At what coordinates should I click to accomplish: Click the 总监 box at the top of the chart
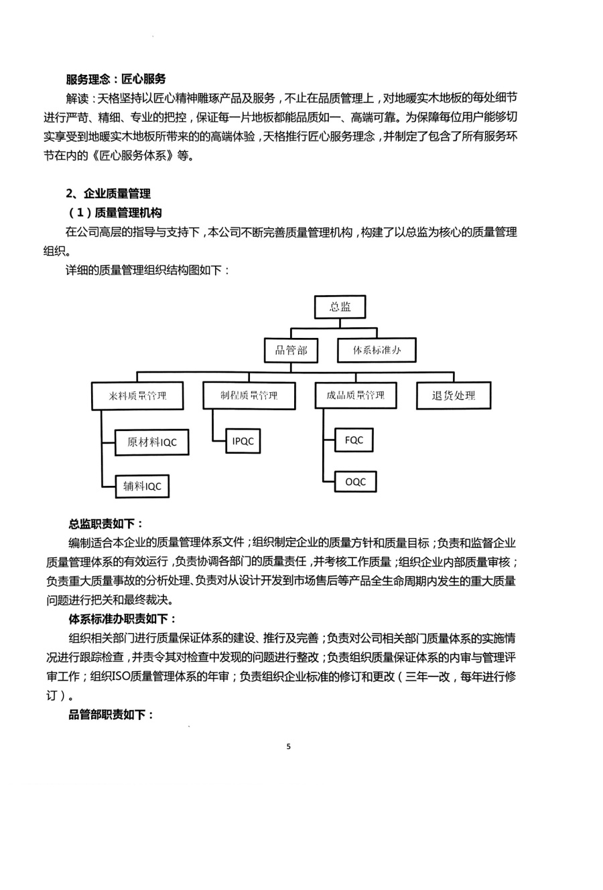340,306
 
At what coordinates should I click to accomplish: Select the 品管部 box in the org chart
291,350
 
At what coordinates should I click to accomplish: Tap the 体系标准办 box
377,350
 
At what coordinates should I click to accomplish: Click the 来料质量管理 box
137,395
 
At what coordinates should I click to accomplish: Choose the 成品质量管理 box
356,395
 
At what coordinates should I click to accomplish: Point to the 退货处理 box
454,395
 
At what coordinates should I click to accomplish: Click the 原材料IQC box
151,442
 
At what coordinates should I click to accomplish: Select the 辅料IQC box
142,486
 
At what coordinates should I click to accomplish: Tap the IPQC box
242,440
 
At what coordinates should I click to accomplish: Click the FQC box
354,440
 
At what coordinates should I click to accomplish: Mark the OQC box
355,482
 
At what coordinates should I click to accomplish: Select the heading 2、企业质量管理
109,193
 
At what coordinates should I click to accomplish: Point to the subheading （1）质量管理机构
115,213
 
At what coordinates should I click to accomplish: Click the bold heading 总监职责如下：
107,524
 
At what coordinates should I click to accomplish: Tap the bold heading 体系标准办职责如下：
123,619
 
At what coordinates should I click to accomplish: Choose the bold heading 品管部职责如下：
112,715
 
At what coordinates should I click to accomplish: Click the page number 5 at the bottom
289,746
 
